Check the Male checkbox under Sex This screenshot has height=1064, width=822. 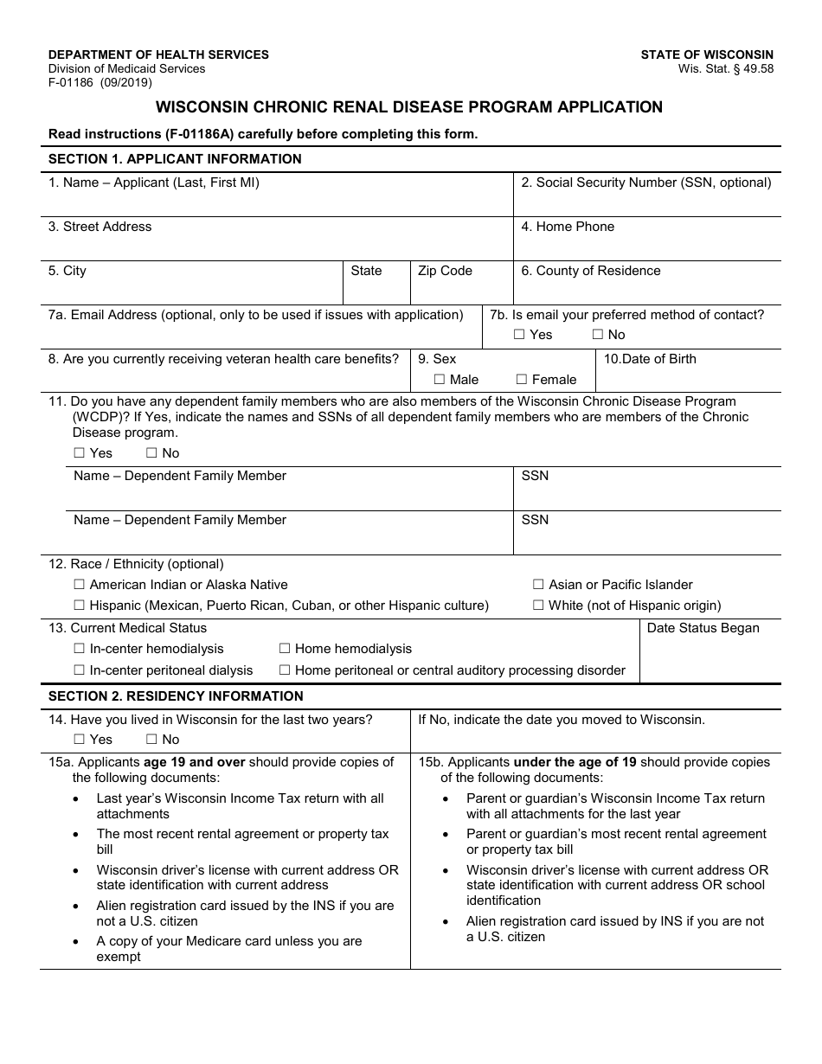tap(440, 380)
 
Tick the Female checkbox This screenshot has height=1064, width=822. tap(522, 380)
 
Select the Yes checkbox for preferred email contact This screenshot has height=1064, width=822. tap(519, 335)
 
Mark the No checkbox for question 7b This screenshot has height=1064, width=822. tap(598, 335)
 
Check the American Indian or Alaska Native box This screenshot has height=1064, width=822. tap(80, 586)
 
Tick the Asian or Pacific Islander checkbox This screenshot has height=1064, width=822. tap(538, 586)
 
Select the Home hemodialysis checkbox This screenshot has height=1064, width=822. tap(285, 650)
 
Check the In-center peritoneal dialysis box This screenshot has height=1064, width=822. tap(80, 670)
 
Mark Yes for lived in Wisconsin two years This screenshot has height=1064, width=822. tap(80, 740)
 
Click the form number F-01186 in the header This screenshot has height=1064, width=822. tap(73, 83)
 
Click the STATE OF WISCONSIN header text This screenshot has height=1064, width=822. tap(707, 54)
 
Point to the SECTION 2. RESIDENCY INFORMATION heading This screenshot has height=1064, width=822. tap(176, 696)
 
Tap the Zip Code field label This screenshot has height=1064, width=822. tap(445, 271)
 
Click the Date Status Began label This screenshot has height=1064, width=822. tap(703, 628)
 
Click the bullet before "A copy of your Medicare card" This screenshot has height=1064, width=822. tap(77, 942)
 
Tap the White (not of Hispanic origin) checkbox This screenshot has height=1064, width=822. tap(538, 606)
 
